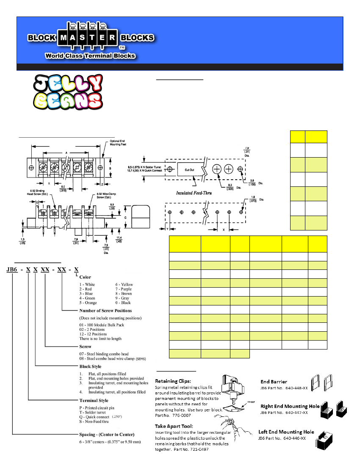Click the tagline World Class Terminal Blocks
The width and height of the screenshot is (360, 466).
click(90, 55)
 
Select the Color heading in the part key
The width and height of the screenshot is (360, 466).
click(85, 277)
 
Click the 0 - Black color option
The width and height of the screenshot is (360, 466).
click(124, 302)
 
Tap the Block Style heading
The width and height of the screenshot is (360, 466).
click(90, 366)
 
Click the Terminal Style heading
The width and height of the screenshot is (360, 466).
click(94, 400)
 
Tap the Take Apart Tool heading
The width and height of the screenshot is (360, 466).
click(174, 426)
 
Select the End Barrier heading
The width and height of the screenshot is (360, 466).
click(273, 382)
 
